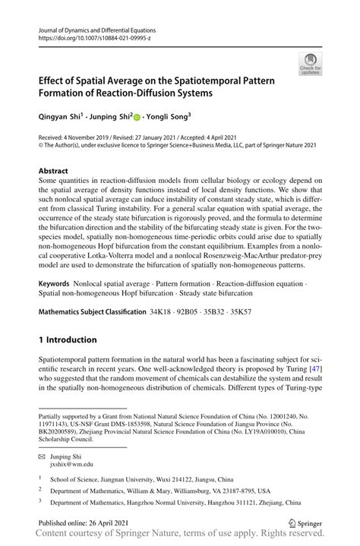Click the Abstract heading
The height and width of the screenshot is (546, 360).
[x=58, y=172]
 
